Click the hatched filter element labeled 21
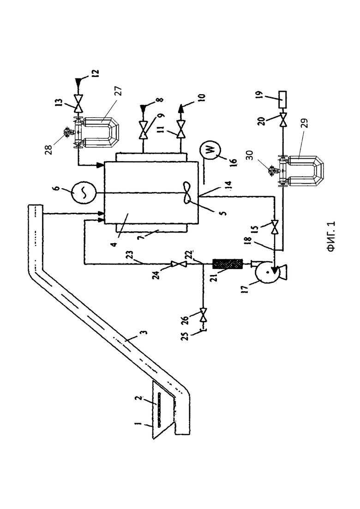click(227, 264)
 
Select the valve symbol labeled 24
click(180, 264)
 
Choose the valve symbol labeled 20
click(282, 120)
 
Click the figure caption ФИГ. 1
click(331, 237)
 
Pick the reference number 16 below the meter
click(236, 161)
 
